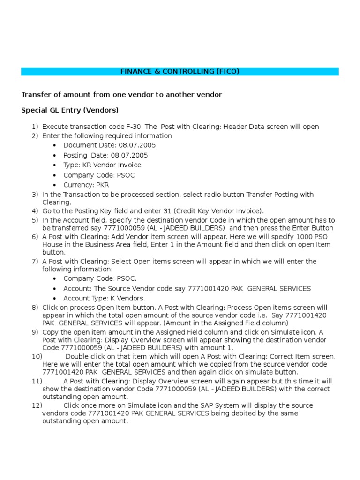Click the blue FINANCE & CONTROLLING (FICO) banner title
[x=180, y=72]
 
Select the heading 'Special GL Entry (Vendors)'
[x=70, y=111]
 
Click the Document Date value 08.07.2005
[x=137, y=145]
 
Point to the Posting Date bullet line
[x=105, y=155]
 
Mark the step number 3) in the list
[x=35, y=195]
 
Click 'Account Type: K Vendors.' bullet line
[x=104, y=299]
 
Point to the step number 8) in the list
[x=35, y=307]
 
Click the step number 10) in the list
[x=37, y=356]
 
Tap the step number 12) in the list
[x=37, y=405]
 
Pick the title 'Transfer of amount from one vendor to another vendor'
[x=121, y=95]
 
